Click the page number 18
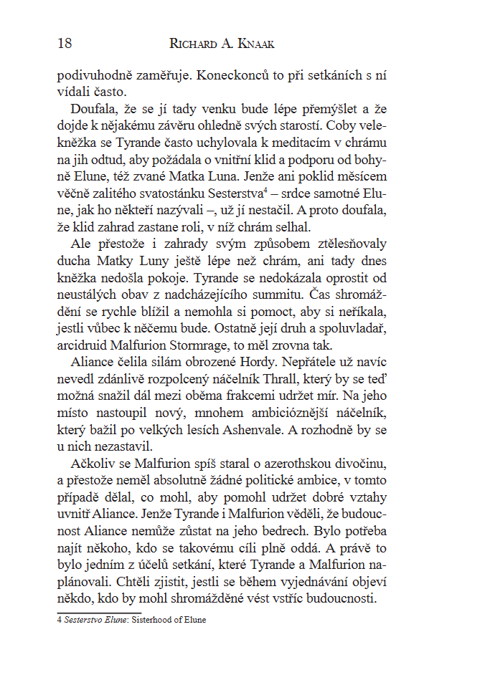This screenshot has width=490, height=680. (x=64, y=44)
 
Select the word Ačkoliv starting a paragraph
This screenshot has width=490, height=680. (x=95, y=463)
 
